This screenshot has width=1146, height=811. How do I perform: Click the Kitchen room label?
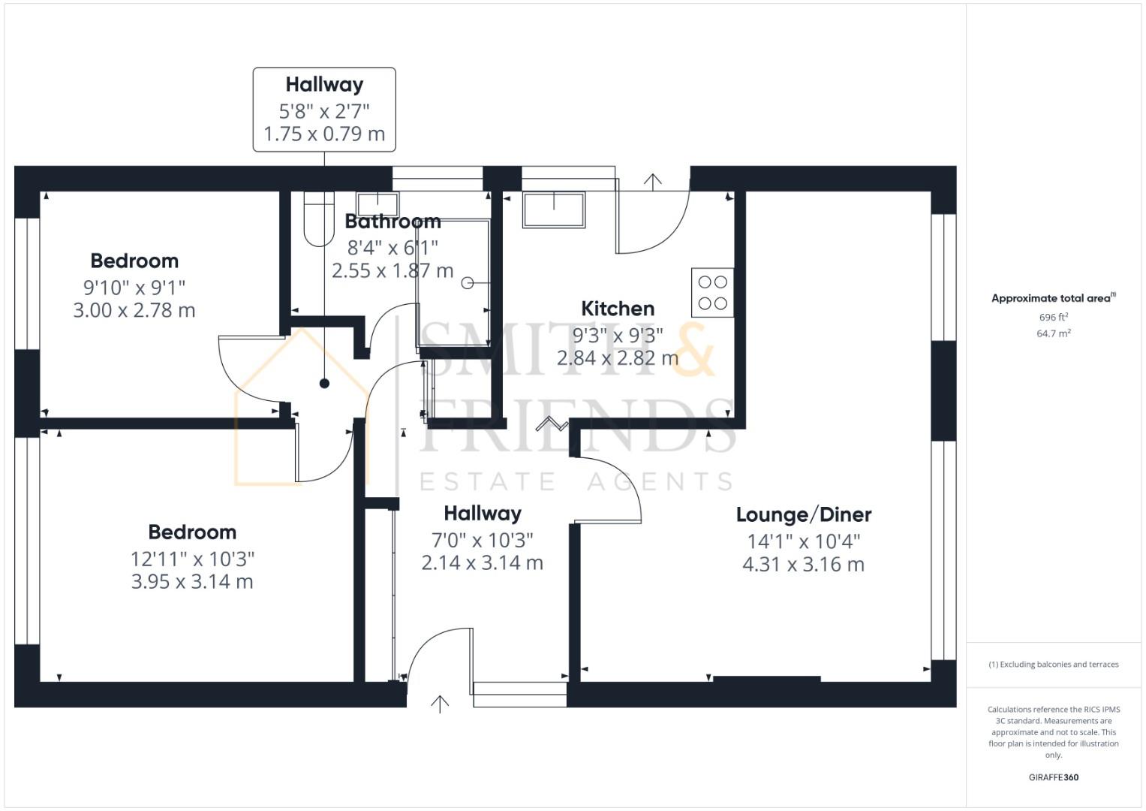pyautogui.click(x=618, y=309)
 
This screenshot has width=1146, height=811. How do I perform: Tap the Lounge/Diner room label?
pyautogui.click(x=803, y=515)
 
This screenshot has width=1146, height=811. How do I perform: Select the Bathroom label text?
pyautogui.click(x=393, y=222)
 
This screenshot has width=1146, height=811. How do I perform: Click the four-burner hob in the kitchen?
pyautogui.click(x=712, y=293)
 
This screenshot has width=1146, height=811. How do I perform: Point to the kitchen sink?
pyautogui.click(x=554, y=210)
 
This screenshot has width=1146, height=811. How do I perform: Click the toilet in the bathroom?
pyautogui.click(x=319, y=218)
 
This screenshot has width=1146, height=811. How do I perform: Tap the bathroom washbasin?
pyautogui.click(x=377, y=204)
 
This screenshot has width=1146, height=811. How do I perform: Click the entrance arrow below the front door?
pyautogui.click(x=440, y=704)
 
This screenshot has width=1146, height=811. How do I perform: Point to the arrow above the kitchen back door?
pyautogui.click(x=653, y=181)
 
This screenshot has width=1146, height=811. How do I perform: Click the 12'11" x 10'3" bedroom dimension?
pyautogui.click(x=192, y=559)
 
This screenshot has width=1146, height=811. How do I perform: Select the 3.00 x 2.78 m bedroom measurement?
pyautogui.click(x=134, y=310)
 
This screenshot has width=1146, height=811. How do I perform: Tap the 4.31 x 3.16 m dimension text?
pyautogui.click(x=803, y=565)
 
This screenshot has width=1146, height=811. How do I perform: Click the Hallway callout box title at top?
pyautogui.click(x=324, y=85)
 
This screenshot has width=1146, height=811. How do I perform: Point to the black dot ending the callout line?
pyautogui.click(x=324, y=384)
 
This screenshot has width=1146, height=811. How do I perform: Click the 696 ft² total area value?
pyautogui.click(x=1053, y=318)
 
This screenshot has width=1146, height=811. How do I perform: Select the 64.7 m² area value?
pyautogui.click(x=1053, y=333)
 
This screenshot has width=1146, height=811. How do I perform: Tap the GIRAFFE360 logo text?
pyautogui.click(x=1053, y=777)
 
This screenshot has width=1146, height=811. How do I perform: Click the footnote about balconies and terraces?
pyautogui.click(x=1053, y=665)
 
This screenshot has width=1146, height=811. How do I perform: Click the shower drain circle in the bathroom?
pyautogui.click(x=467, y=283)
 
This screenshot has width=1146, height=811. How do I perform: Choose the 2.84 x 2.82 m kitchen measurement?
pyautogui.click(x=618, y=358)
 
